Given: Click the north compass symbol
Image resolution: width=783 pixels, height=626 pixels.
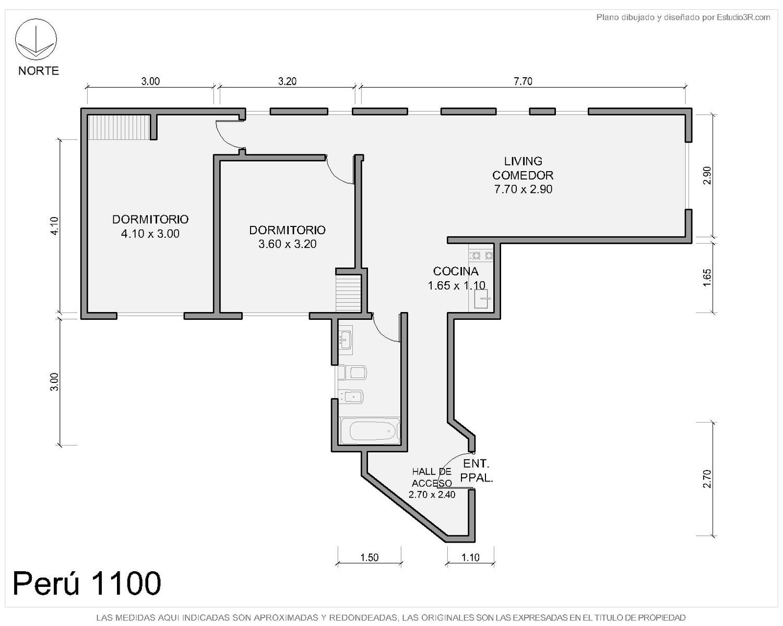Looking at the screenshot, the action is point(35,39).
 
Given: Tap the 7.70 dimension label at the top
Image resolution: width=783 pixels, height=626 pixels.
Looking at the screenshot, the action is point(523,81).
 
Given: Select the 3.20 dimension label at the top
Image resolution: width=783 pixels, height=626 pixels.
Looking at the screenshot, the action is point(288,81).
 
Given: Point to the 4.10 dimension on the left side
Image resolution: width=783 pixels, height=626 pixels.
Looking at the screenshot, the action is point(54,226).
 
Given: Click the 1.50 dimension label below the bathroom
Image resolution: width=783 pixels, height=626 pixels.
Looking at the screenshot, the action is point(369,557).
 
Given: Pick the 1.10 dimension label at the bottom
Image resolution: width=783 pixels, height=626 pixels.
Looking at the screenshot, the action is point(470,557).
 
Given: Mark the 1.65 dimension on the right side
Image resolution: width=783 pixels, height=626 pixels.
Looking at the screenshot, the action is point(707,278).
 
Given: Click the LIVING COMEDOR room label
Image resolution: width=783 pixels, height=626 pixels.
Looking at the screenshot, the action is point(523,175).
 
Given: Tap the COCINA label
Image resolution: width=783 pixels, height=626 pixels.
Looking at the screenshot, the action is point(456,271).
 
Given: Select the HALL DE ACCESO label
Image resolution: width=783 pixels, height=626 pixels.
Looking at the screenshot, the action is point(432,478).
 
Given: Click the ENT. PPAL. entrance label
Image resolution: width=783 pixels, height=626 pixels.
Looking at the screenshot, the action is point(477,471).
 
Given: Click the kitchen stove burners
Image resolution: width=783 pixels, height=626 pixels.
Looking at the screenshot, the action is point(481,256).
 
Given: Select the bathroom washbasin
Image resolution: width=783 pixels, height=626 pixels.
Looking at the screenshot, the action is point(345,339).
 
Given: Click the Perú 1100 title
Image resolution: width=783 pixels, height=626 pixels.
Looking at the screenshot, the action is point(87,583).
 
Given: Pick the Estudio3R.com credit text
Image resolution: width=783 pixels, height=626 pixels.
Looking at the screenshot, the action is point(683,17).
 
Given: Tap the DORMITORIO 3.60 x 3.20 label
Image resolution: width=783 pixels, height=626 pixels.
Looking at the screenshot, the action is point(288,237).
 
